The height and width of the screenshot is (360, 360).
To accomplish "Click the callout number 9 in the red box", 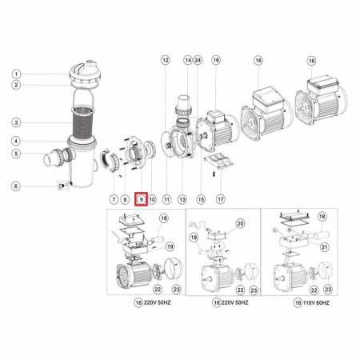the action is [x=141, y=199].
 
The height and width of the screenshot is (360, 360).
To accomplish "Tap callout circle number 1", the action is [x=17, y=74].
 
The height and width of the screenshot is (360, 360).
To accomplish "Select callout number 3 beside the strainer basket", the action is [x=17, y=122].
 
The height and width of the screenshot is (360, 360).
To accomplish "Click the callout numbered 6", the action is [x=16, y=186].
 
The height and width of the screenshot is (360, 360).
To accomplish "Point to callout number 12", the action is [x=166, y=60].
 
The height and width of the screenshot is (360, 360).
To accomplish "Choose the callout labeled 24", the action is [x=198, y=60].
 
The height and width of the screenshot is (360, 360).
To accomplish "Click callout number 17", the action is [x=221, y=199].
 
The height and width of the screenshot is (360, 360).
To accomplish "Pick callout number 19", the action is [x=170, y=246].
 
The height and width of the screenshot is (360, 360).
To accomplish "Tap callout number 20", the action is [x=241, y=223].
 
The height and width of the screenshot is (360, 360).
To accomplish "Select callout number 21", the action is [x=324, y=247].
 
